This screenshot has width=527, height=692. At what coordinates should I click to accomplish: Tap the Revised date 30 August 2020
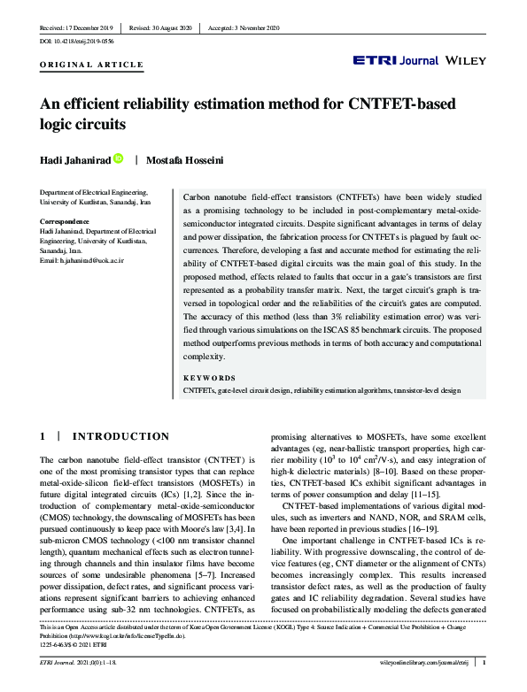(162, 28)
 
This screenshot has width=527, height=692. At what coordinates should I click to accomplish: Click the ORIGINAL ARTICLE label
(92, 65)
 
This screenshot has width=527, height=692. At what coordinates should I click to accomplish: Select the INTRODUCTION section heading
(120, 437)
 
